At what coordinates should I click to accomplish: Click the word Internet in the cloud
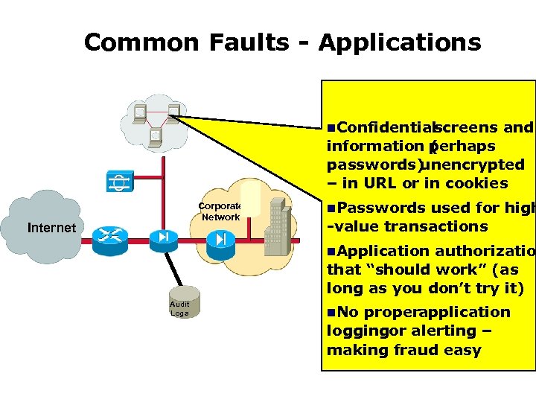(51, 228)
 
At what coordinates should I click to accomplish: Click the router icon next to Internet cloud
(110, 237)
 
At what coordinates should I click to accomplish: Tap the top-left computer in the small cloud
(138, 113)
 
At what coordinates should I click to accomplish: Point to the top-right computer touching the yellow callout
(174, 112)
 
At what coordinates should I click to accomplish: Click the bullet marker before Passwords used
(331, 208)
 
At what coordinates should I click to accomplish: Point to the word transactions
(430, 226)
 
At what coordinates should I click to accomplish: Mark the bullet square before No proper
(331, 313)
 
